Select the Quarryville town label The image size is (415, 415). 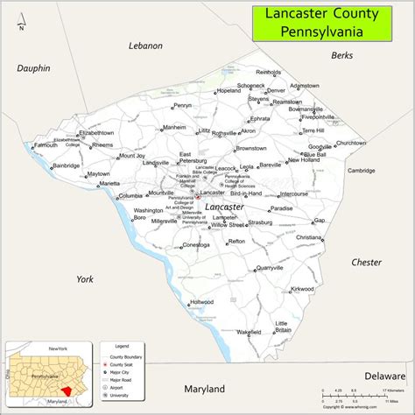269,268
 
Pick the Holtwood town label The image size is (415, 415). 202,302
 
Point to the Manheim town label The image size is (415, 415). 174,127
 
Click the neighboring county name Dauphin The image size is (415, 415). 32,68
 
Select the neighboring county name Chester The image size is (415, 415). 366,262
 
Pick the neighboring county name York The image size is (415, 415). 84,278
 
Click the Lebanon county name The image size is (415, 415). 145,46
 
